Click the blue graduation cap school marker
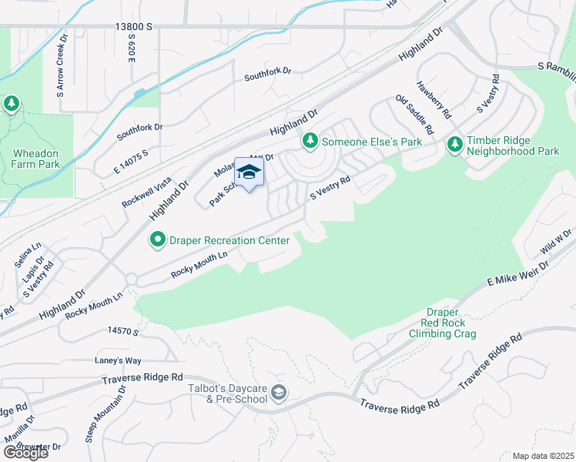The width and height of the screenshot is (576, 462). pyautogui.click(x=249, y=172)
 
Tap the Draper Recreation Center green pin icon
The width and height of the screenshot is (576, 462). pyautogui.click(x=158, y=240)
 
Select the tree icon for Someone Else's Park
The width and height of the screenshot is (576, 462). pyautogui.click(x=310, y=141)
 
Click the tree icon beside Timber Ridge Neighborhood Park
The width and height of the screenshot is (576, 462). pyautogui.click(x=454, y=144)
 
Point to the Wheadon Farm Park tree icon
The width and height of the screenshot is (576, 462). pyautogui.click(x=11, y=104)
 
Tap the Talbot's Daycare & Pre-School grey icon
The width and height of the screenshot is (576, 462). pyautogui.click(x=279, y=394)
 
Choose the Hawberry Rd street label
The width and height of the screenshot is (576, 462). pyautogui.click(x=432, y=99)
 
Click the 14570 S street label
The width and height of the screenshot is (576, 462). pyautogui.click(x=121, y=332)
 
